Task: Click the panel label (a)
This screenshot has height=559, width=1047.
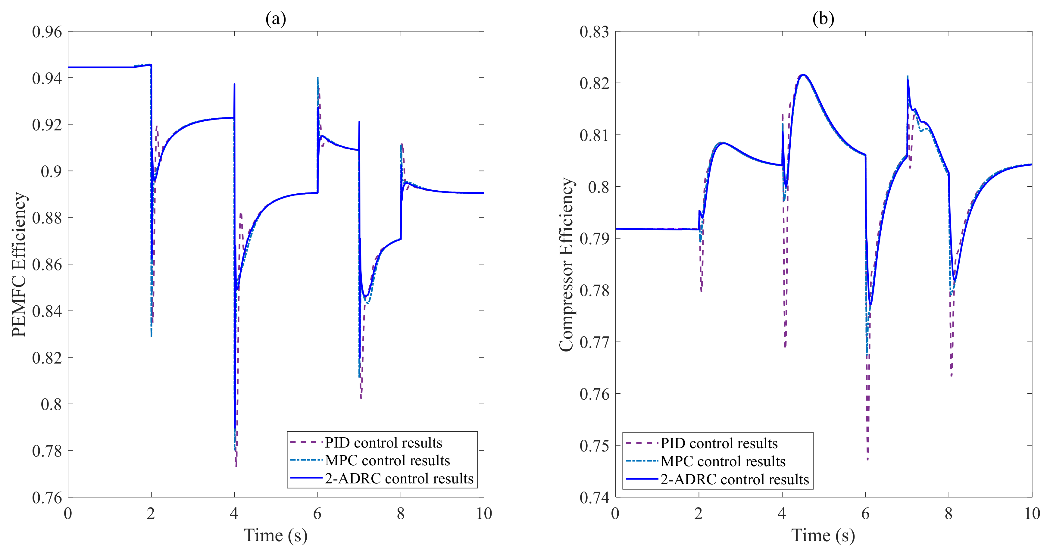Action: [x=276, y=19]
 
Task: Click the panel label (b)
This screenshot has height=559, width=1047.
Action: [x=823, y=19]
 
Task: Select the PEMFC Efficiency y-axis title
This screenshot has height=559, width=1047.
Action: [x=19, y=264]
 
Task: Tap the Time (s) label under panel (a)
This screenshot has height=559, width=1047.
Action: [x=276, y=536]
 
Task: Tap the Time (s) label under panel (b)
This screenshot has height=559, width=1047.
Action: [x=823, y=536]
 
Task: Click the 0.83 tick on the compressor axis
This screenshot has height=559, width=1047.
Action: [x=594, y=32]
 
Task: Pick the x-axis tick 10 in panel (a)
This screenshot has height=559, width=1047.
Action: [x=484, y=514]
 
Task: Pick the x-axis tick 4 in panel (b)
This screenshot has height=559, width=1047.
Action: [x=782, y=514]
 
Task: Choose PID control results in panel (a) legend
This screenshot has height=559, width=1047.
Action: [x=383, y=442]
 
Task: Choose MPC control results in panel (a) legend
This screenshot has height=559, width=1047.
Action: [x=387, y=460]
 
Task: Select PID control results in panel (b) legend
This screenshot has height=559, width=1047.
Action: [x=719, y=443]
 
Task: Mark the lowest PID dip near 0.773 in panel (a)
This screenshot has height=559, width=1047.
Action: [x=236, y=466]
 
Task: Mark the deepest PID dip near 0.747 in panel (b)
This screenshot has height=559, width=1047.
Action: [x=868, y=459]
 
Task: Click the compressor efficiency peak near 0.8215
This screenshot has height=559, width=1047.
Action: [x=803, y=75]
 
